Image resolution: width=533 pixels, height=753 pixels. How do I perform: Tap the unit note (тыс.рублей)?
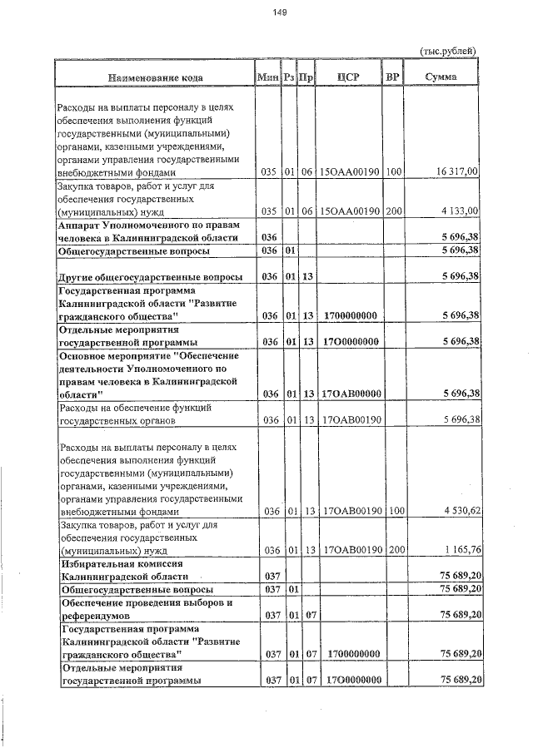448,50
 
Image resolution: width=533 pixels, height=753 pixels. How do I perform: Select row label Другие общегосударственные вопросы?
150,276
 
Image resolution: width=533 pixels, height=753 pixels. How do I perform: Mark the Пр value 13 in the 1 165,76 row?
307,550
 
